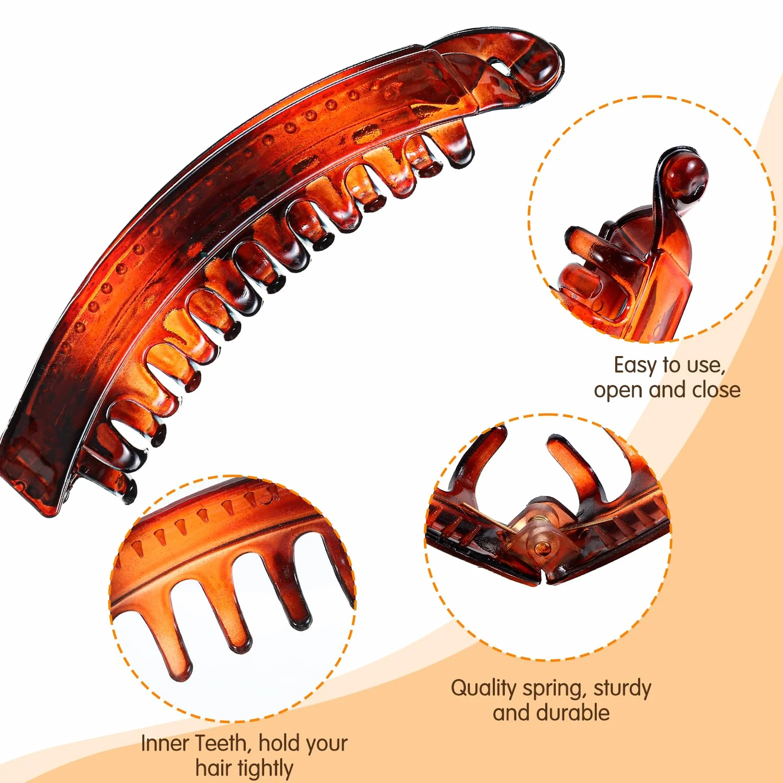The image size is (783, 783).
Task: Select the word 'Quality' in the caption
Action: pos(483,689)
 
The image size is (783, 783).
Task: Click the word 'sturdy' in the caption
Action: pos(623,689)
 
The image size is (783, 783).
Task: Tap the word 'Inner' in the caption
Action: pos(164,743)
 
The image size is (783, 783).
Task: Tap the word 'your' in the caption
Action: pos(325,745)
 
